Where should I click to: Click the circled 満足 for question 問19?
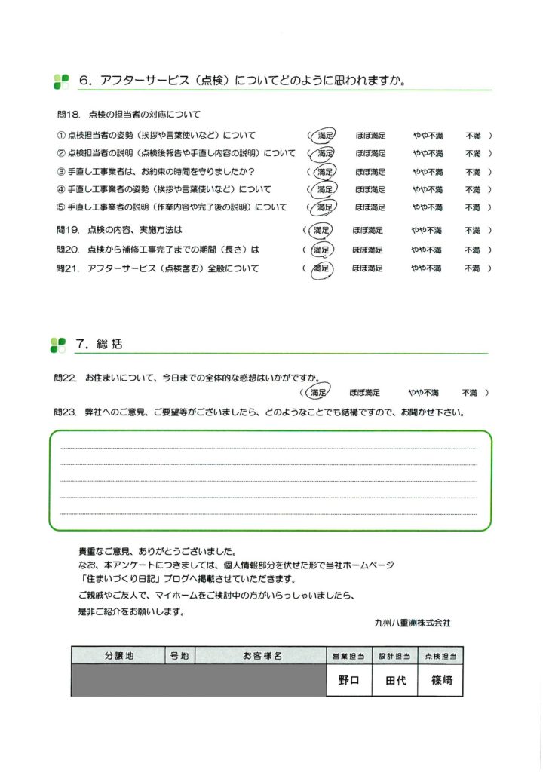[x=322, y=230]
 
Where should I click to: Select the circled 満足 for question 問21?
[x=322, y=268]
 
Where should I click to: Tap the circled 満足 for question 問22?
[x=319, y=392]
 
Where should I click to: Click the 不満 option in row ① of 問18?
[x=474, y=136]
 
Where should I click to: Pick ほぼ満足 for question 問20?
[x=367, y=250]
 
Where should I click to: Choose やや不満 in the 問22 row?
[x=424, y=393]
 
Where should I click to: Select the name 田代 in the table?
[x=396, y=680]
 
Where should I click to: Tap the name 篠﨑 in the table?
[x=442, y=680]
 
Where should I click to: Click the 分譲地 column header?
[x=118, y=656]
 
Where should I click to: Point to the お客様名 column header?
[x=262, y=656]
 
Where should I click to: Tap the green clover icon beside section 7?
[x=58, y=345]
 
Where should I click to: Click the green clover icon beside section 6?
[x=61, y=81]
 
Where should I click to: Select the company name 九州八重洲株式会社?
[x=412, y=623]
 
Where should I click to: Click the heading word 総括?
[x=109, y=344]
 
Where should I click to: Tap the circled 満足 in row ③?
[x=324, y=172]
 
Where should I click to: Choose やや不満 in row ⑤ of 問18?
[x=428, y=207]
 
